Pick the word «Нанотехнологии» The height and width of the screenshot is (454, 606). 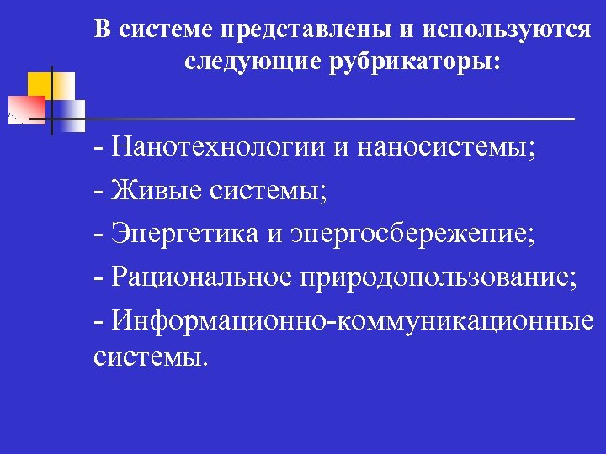coord(217,149)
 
